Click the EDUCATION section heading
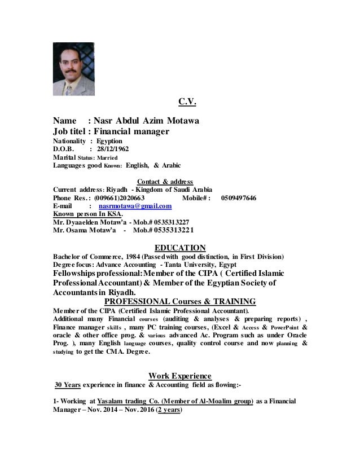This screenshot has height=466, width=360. coord(180,247)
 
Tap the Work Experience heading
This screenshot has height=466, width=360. coord(179,375)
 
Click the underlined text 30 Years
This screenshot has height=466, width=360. coord(68,386)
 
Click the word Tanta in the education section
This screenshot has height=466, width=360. coord(177,265)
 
